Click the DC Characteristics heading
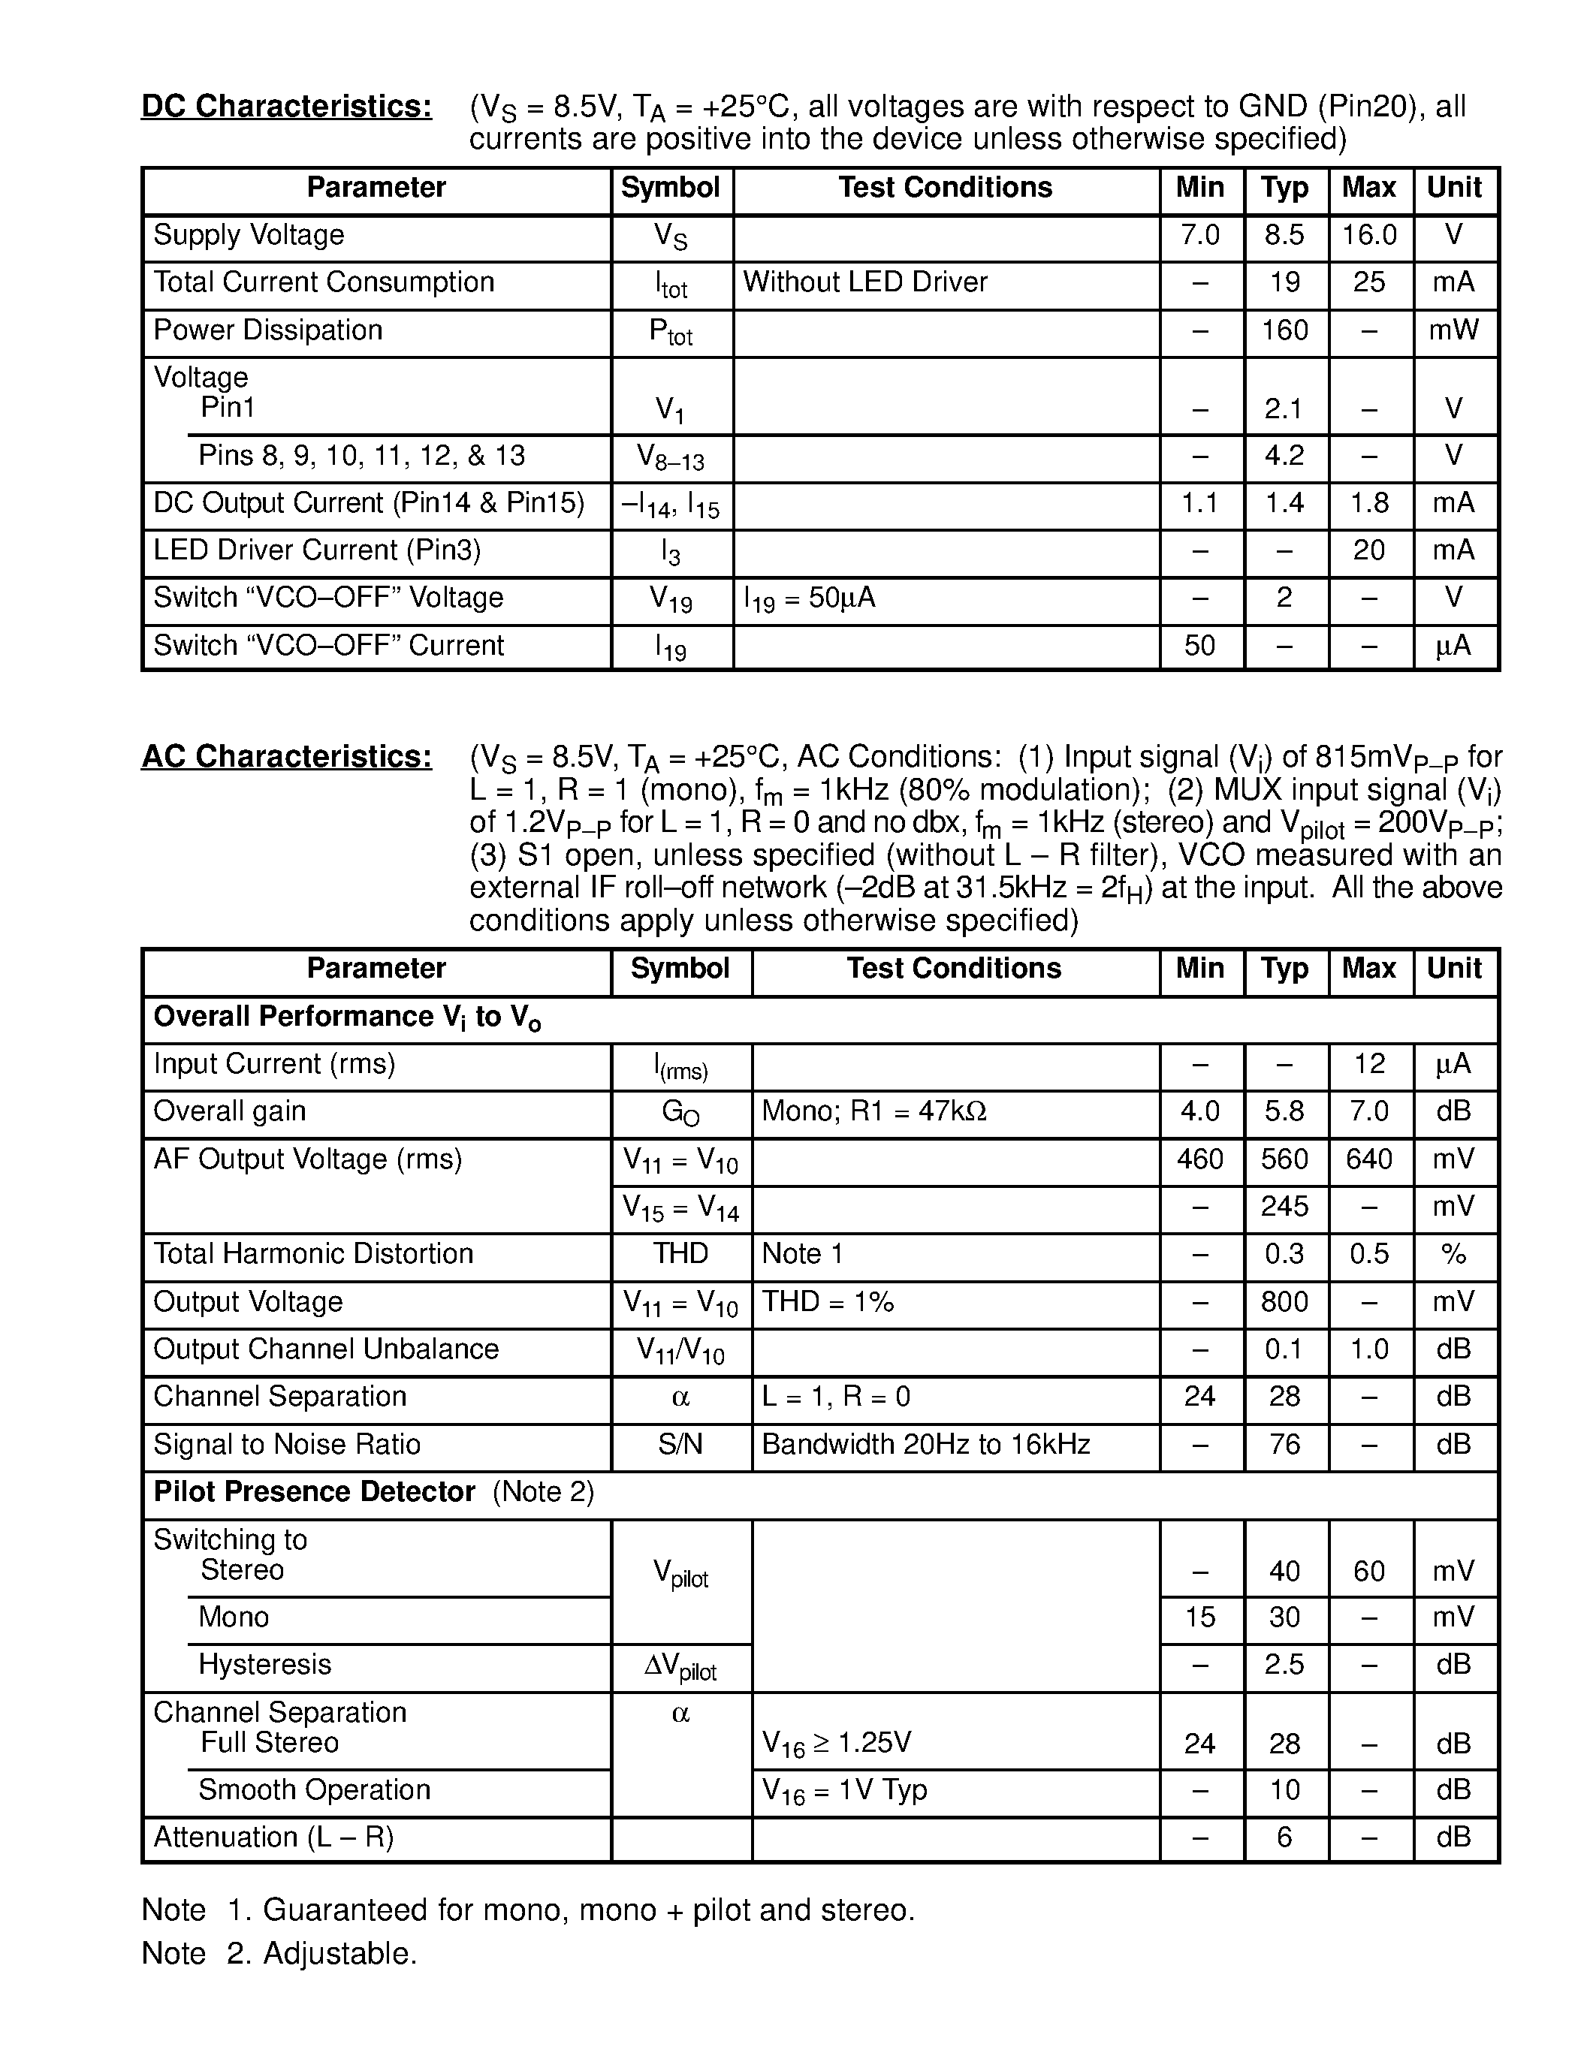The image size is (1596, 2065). pos(286,107)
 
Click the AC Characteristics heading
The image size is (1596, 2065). pos(286,758)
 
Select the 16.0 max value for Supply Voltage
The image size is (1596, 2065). pos(1368,236)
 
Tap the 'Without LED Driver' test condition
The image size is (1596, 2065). pos(864,282)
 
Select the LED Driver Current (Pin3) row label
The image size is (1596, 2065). pos(317,550)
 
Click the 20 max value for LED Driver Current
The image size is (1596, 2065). pos(1368,550)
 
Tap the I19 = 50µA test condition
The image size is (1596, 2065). pos(810,598)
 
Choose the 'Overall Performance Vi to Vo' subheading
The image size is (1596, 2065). pos(347,1017)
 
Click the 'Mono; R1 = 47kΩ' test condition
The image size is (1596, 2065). pos(873,1112)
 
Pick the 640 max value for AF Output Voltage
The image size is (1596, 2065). pos(1368,1160)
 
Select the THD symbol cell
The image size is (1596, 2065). pos(680,1255)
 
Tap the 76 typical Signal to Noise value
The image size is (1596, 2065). pos(1284,1445)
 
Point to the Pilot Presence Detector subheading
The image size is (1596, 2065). pos(314,1492)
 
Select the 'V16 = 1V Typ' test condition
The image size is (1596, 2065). pos(844,1791)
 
